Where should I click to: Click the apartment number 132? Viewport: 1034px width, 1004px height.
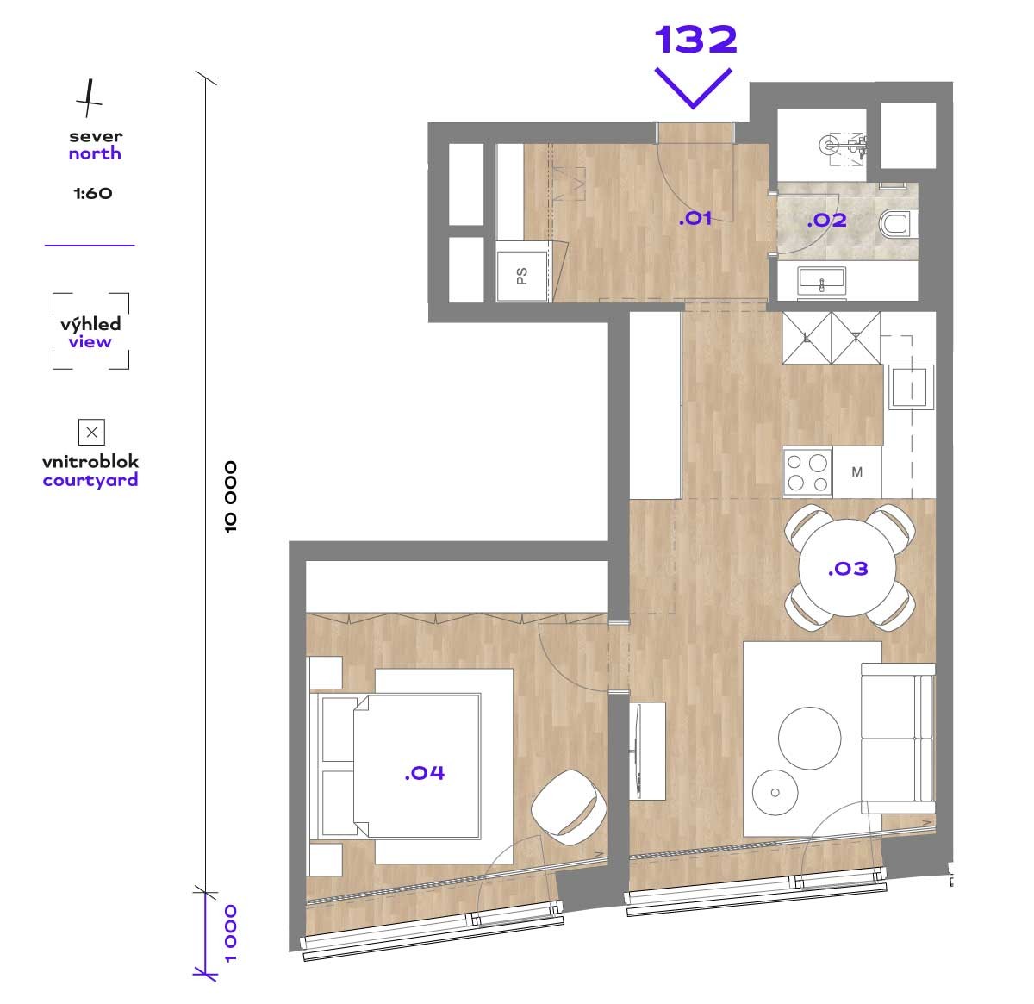pyautogui.click(x=695, y=40)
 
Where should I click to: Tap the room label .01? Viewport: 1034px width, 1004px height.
pyautogui.click(x=695, y=218)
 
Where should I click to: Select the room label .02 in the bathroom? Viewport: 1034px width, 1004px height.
pyautogui.click(x=826, y=220)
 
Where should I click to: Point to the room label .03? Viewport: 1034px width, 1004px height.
pyautogui.click(x=848, y=569)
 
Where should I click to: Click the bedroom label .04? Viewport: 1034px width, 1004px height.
pyautogui.click(x=425, y=773)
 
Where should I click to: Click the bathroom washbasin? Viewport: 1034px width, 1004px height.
pyautogui.click(x=821, y=281)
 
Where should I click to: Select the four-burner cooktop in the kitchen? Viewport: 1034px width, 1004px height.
pyautogui.click(x=807, y=471)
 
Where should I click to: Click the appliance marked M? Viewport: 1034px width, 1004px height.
pyautogui.click(x=856, y=472)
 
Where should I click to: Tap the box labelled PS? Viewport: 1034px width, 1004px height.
pyautogui.click(x=522, y=277)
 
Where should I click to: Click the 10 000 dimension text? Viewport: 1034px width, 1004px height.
pyautogui.click(x=231, y=497)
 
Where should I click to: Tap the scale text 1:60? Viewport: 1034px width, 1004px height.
pyautogui.click(x=93, y=193)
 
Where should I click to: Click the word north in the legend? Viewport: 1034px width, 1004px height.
pyautogui.click(x=95, y=153)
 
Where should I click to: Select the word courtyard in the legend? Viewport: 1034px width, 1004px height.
pyautogui.click(x=90, y=481)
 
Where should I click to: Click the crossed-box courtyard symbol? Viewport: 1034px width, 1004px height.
pyautogui.click(x=91, y=432)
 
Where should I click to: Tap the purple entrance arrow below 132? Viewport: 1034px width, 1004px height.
pyautogui.click(x=693, y=89)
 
